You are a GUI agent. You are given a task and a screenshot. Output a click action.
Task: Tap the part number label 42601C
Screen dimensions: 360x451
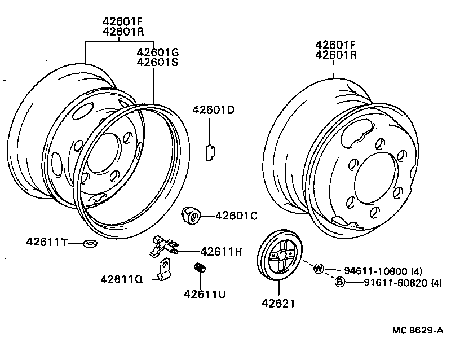[x=236, y=215]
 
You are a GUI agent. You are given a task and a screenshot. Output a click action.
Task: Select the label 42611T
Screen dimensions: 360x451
[x=46, y=242]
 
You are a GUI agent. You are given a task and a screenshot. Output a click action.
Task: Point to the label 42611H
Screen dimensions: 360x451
[x=221, y=252]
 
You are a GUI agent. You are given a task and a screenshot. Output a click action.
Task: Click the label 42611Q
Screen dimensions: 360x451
[x=121, y=279]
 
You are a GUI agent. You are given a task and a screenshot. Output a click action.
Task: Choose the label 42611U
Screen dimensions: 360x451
[x=204, y=293]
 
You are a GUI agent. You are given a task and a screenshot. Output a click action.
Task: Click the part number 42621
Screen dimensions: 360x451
[x=278, y=304]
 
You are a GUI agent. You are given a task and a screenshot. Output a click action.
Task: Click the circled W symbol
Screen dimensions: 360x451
[x=319, y=268]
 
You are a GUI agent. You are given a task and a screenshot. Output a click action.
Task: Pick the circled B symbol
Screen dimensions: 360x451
[x=340, y=282]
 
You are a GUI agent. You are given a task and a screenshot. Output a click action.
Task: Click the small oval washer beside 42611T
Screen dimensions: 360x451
[x=89, y=243]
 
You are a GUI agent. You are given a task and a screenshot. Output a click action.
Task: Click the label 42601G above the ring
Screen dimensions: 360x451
[x=158, y=52]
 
